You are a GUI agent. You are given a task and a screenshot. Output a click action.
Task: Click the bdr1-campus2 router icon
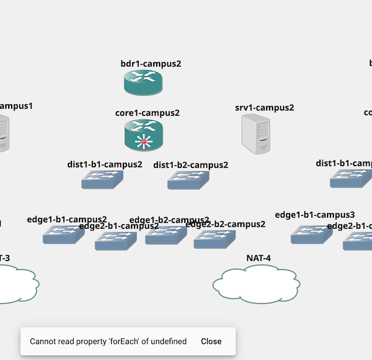click(143, 83)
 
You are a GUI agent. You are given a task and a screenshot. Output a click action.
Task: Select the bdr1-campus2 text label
click(150, 64)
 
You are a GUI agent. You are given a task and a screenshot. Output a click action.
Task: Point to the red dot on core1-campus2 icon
click(143, 142)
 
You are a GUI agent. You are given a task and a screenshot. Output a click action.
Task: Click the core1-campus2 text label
click(147, 113)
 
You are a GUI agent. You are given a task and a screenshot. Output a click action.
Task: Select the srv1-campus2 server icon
click(256, 134)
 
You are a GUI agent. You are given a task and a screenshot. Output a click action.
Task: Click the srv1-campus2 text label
click(264, 108)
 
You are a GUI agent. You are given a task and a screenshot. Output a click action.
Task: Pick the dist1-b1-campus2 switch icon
click(102, 179)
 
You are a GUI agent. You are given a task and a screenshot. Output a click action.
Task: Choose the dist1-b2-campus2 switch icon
click(188, 180)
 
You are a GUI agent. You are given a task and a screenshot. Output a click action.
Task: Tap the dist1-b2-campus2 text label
click(191, 165)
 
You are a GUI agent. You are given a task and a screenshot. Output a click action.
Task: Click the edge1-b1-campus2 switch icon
click(63, 234)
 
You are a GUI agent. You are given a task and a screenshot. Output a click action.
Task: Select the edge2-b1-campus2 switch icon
click(115, 240)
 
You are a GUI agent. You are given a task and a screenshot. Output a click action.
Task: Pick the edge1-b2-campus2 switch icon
click(166, 234)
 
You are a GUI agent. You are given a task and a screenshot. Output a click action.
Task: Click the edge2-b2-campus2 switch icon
click(214, 239)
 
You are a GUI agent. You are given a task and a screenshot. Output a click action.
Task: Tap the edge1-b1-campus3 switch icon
click(311, 234)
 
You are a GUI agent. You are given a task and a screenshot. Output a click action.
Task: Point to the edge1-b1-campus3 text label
click(315, 215)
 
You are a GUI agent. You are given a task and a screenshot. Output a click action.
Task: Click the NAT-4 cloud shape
click(256, 285)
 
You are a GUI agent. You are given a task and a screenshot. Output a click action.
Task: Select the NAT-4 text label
click(258, 258)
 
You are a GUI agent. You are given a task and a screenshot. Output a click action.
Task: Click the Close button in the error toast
click(211, 341)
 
